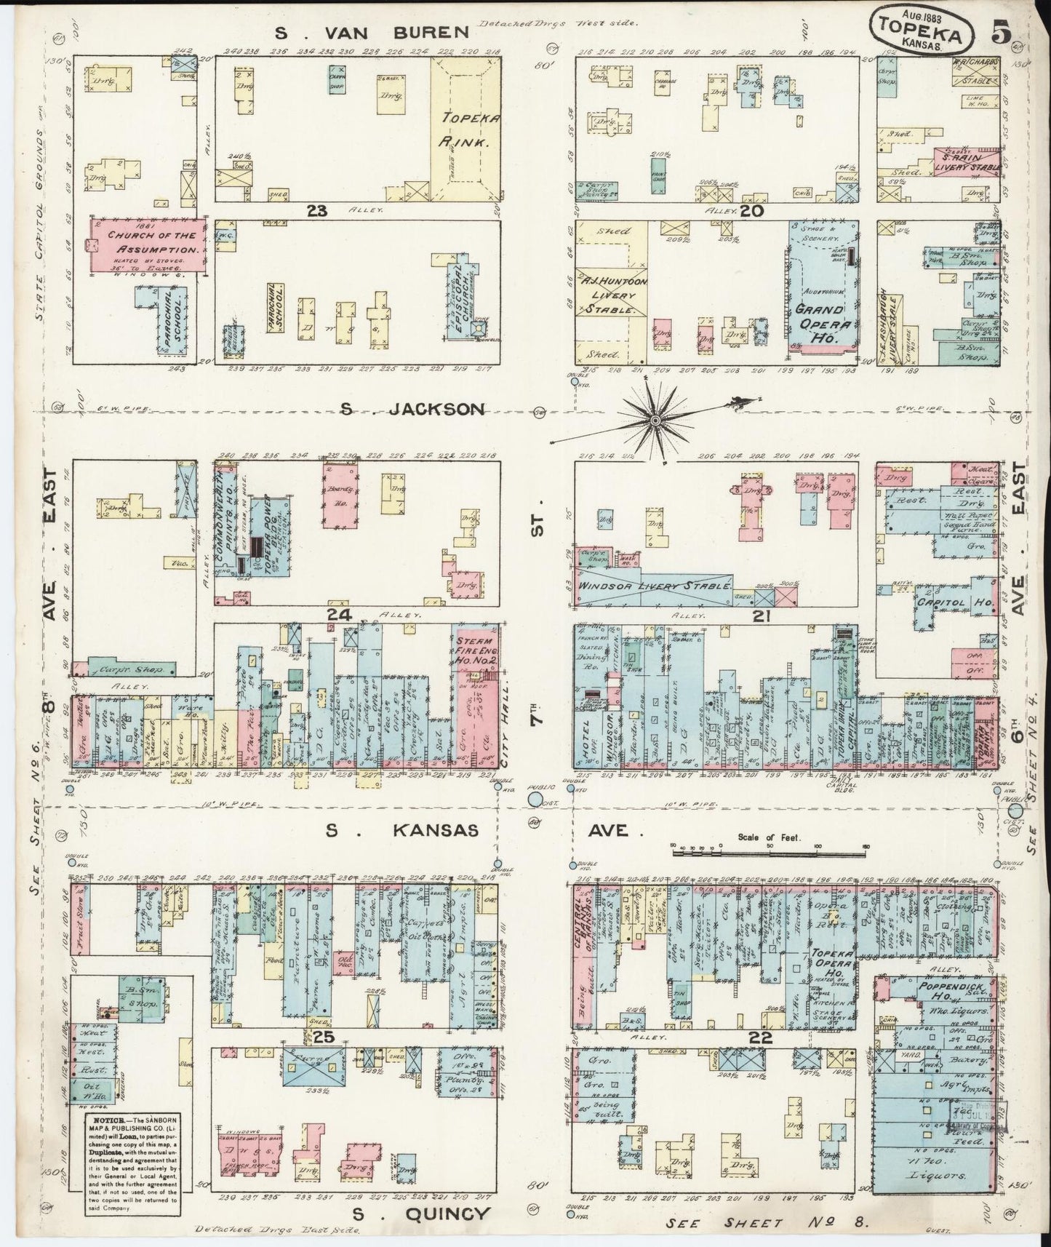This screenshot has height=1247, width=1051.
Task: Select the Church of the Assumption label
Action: (x=148, y=242)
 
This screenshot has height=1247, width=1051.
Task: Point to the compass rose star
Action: (x=655, y=420)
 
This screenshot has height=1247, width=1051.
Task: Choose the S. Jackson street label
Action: (x=413, y=409)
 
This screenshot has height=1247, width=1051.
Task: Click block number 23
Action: (x=317, y=211)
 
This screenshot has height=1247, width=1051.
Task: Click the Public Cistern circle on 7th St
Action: (x=535, y=799)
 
